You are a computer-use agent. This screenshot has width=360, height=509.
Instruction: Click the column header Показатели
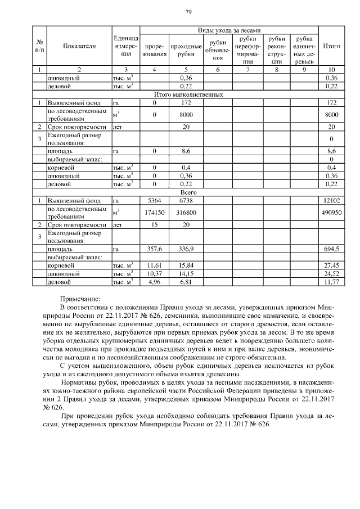click(x=79, y=46)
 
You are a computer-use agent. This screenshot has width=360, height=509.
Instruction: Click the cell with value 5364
click(x=154, y=200)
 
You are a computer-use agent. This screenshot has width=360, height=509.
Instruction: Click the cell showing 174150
click(x=154, y=212)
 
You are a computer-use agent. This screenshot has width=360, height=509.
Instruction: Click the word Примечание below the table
click(x=80, y=299)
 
